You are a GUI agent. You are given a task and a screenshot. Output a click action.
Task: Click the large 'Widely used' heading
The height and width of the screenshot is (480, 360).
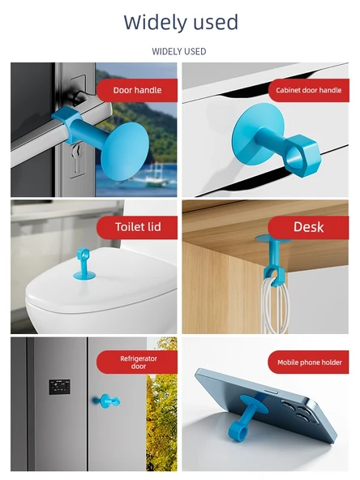pos(181,22)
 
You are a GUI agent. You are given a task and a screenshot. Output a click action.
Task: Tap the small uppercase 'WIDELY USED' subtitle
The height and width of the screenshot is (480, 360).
pos(179,51)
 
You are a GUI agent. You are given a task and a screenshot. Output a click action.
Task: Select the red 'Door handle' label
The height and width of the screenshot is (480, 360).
pos(137,90)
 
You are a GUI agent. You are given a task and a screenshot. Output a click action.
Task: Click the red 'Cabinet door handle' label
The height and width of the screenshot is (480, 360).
pos(309,90)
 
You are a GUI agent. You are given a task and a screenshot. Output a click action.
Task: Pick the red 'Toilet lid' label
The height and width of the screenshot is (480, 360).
pos(137,227)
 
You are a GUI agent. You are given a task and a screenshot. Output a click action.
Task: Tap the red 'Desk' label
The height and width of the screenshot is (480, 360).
pos(309,227)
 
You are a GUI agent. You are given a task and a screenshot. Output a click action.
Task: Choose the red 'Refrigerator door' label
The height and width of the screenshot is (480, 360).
pos(137,362)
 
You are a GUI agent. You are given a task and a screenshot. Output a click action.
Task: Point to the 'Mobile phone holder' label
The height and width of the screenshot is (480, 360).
pos(309,362)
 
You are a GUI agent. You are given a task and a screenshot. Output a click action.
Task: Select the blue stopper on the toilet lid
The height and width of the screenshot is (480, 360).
pos(83,264)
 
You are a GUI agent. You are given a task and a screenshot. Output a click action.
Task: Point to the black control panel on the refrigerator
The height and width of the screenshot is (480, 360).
pos(59,387)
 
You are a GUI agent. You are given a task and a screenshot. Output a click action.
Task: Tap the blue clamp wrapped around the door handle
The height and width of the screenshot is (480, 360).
pos(68,122)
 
